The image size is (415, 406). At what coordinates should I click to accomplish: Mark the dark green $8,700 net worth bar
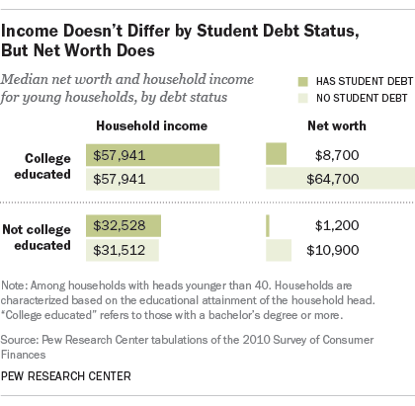coord(276,154)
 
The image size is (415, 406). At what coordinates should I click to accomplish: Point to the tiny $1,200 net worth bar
coord(268,226)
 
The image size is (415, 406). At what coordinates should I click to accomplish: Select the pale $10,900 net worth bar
coord(279,250)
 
